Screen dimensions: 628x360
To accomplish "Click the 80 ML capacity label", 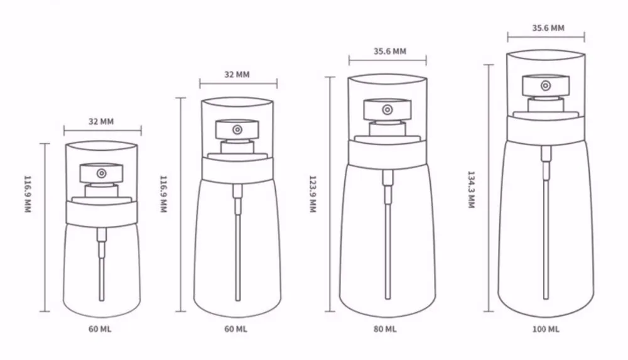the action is (x=385, y=329).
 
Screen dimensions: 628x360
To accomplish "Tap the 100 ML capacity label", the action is (x=546, y=329).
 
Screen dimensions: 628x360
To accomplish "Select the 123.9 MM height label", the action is (x=313, y=194).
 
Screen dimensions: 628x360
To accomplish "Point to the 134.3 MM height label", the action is (x=471, y=190).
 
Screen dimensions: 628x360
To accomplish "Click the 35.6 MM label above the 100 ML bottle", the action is (x=548, y=28).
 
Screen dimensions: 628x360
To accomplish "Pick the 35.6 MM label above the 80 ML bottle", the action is (x=390, y=52).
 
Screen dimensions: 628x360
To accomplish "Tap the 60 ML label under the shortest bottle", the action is (x=100, y=329).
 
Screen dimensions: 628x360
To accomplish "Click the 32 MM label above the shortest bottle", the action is (x=101, y=121).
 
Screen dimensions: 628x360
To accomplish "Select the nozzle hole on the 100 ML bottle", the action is (x=546, y=85).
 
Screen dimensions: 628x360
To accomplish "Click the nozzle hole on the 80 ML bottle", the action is (x=387, y=109).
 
